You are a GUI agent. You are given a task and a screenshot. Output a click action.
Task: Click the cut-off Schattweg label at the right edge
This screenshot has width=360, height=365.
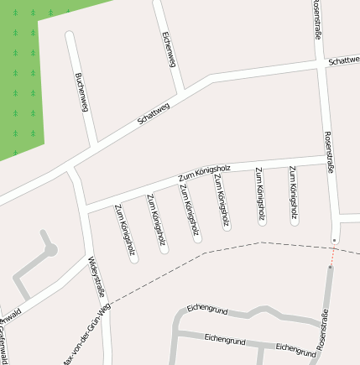(344, 61)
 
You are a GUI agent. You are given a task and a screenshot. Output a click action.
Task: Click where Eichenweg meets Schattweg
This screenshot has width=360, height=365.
(184, 91)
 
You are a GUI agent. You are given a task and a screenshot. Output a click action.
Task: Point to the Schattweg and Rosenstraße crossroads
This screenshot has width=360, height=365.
(320, 65)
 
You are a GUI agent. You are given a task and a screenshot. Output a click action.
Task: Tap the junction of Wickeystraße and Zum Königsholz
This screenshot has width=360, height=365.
(86, 210)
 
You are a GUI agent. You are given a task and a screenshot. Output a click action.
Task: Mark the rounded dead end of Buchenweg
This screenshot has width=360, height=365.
(70, 36)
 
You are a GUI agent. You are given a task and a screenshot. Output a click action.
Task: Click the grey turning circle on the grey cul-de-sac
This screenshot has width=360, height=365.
(50, 249)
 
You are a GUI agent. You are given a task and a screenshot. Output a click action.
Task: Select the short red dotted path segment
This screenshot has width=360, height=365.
(332, 254)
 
